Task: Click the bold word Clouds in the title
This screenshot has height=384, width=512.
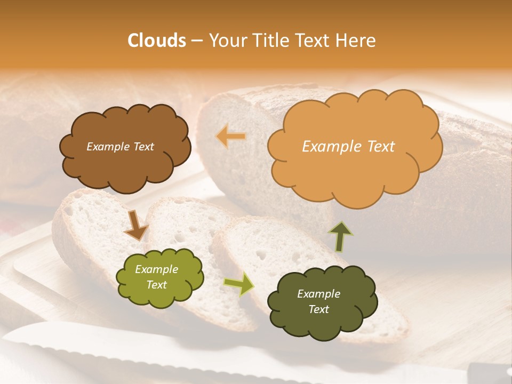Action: click(157, 41)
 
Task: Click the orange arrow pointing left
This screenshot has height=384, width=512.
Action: click(231, 137)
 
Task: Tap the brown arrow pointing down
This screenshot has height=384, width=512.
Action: click(135, 225)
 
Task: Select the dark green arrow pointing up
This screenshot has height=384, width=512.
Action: click(340, 236)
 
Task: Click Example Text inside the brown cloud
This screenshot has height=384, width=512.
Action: click(120, 147)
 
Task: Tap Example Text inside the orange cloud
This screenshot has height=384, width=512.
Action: click(348, 147)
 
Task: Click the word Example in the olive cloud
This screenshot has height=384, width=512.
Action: click(156, 269)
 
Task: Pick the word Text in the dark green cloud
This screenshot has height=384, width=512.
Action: click(318, 309)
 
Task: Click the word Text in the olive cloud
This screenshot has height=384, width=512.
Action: click(156, 285)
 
